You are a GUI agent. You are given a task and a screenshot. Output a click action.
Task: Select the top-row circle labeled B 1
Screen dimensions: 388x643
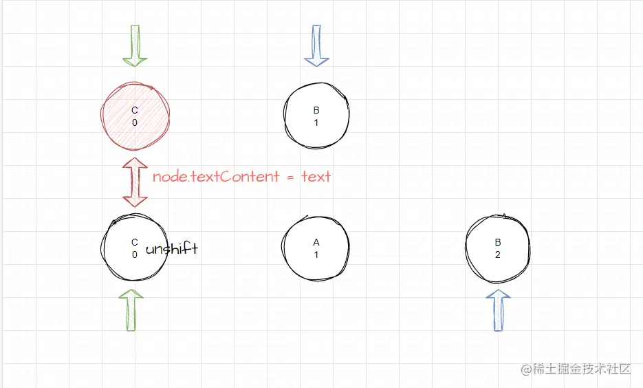point(316,116)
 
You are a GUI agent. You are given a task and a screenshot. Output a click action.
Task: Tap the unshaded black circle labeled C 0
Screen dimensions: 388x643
point(135,248)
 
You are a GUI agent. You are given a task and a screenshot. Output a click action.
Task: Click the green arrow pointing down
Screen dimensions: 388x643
point(135,45)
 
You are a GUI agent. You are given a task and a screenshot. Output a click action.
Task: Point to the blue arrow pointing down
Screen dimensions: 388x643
point(316,45)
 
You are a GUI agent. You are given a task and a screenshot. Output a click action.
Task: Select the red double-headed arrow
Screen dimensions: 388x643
point(135,182)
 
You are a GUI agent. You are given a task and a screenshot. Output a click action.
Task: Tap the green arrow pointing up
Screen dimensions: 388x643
point(131,310)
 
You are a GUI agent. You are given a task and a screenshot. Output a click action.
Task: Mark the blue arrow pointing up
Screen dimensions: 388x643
point(499,310)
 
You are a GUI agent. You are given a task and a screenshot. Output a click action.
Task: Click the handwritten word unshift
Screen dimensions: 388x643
point(171,249)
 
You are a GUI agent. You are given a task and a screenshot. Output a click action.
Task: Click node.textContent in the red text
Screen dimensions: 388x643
point(216,177)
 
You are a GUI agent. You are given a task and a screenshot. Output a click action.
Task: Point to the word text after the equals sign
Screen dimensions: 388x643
point(316,177)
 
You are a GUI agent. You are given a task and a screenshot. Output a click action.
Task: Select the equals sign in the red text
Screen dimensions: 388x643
point(290,177)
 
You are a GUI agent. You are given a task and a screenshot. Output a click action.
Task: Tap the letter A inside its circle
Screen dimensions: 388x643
point(316,242)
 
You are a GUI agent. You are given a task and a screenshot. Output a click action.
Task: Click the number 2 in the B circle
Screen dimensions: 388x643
point(498,255)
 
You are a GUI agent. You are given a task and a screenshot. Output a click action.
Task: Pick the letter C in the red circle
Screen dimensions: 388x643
point(135,110)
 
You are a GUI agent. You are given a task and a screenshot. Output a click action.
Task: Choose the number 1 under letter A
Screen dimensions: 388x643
point(316,255)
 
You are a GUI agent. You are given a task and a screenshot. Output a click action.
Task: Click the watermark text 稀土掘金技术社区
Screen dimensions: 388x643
point(582,369)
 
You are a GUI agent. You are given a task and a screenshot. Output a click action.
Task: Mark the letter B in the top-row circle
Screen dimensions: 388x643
point(316,110)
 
